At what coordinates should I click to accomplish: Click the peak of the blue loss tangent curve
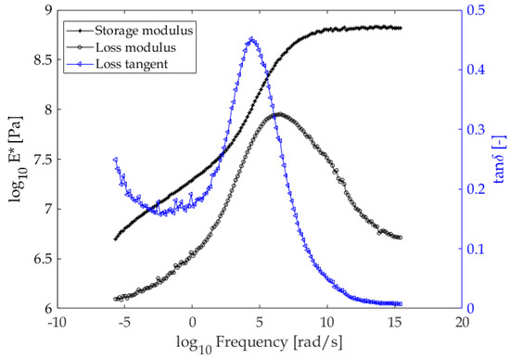251,39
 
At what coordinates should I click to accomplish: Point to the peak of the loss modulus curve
278,114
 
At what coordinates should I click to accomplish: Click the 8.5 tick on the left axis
40,60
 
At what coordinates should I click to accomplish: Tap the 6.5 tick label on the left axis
40,259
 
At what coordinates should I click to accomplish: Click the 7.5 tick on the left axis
40,160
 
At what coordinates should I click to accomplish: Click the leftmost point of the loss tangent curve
115,160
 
